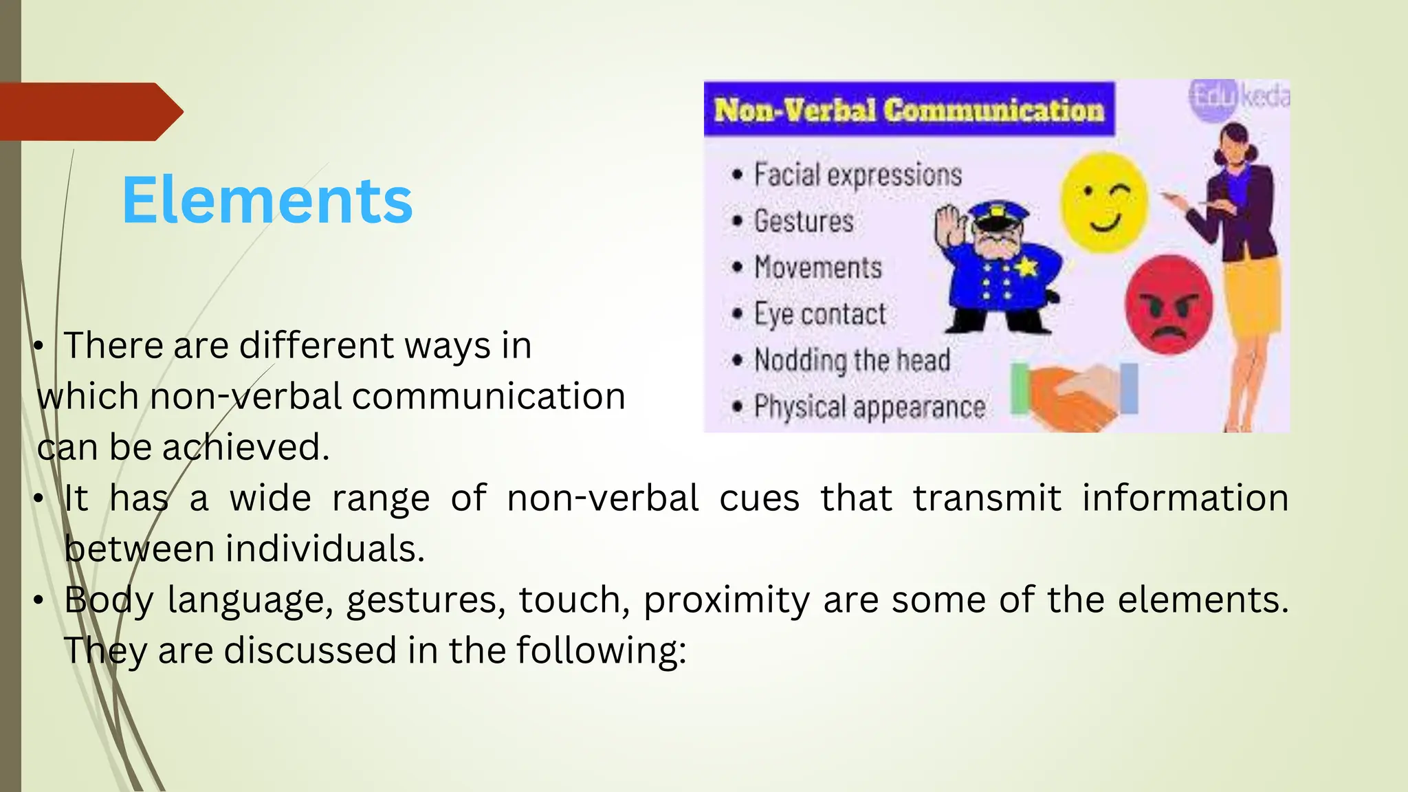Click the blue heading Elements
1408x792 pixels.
pos(267,200)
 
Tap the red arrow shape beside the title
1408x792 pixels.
pos(89,111)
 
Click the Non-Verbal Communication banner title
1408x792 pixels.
pos(908,110)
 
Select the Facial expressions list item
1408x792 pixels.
pos(857,175)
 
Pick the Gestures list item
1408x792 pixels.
pos(803,221)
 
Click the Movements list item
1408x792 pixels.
pos(817,267)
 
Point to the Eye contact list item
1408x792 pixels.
pos(819,314)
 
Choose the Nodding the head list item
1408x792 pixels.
pos(852,360)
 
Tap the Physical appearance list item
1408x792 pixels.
pos(869,407)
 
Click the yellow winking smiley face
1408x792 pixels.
pos(1103,203)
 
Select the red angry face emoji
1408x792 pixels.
pos(1168,305)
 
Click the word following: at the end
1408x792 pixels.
pos(601,650)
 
